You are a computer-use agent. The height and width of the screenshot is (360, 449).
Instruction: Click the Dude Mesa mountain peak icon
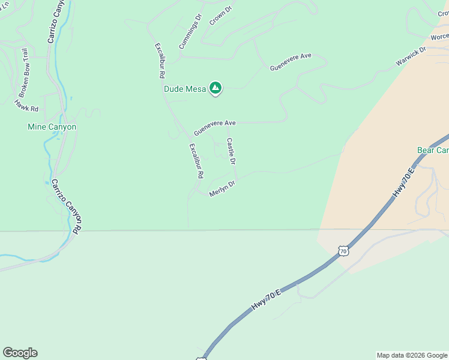pos(215,89)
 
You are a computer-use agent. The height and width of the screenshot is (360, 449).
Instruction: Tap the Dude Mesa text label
pos(185,89)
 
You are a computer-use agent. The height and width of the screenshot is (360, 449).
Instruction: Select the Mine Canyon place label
pos(52,127)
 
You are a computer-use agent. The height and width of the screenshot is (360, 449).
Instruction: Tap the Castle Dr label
pos(231,151)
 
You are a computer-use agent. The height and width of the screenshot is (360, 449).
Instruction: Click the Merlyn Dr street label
pos(221,190)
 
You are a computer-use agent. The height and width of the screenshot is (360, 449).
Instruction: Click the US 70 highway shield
pos(342,251)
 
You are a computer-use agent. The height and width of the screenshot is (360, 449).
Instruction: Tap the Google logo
pos(20,353)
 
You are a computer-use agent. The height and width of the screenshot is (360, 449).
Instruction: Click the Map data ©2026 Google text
pos(411,355)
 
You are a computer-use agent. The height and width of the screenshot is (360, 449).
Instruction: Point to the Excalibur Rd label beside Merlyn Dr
pos(197,161)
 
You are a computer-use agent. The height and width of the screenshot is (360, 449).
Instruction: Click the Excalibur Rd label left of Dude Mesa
pos(160,61)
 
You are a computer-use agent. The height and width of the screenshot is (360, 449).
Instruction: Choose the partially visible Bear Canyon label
pos(433,149)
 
